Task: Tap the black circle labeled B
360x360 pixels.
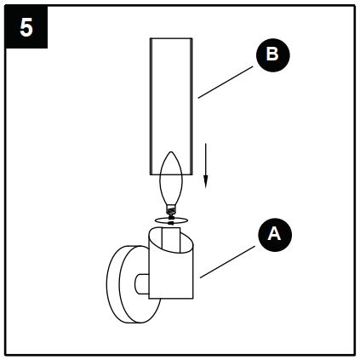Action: pos(271,55)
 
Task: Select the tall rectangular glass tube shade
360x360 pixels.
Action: pos(174,94)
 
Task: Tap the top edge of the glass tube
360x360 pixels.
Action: pos(174,38)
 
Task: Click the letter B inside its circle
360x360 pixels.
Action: pos(271,55)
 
